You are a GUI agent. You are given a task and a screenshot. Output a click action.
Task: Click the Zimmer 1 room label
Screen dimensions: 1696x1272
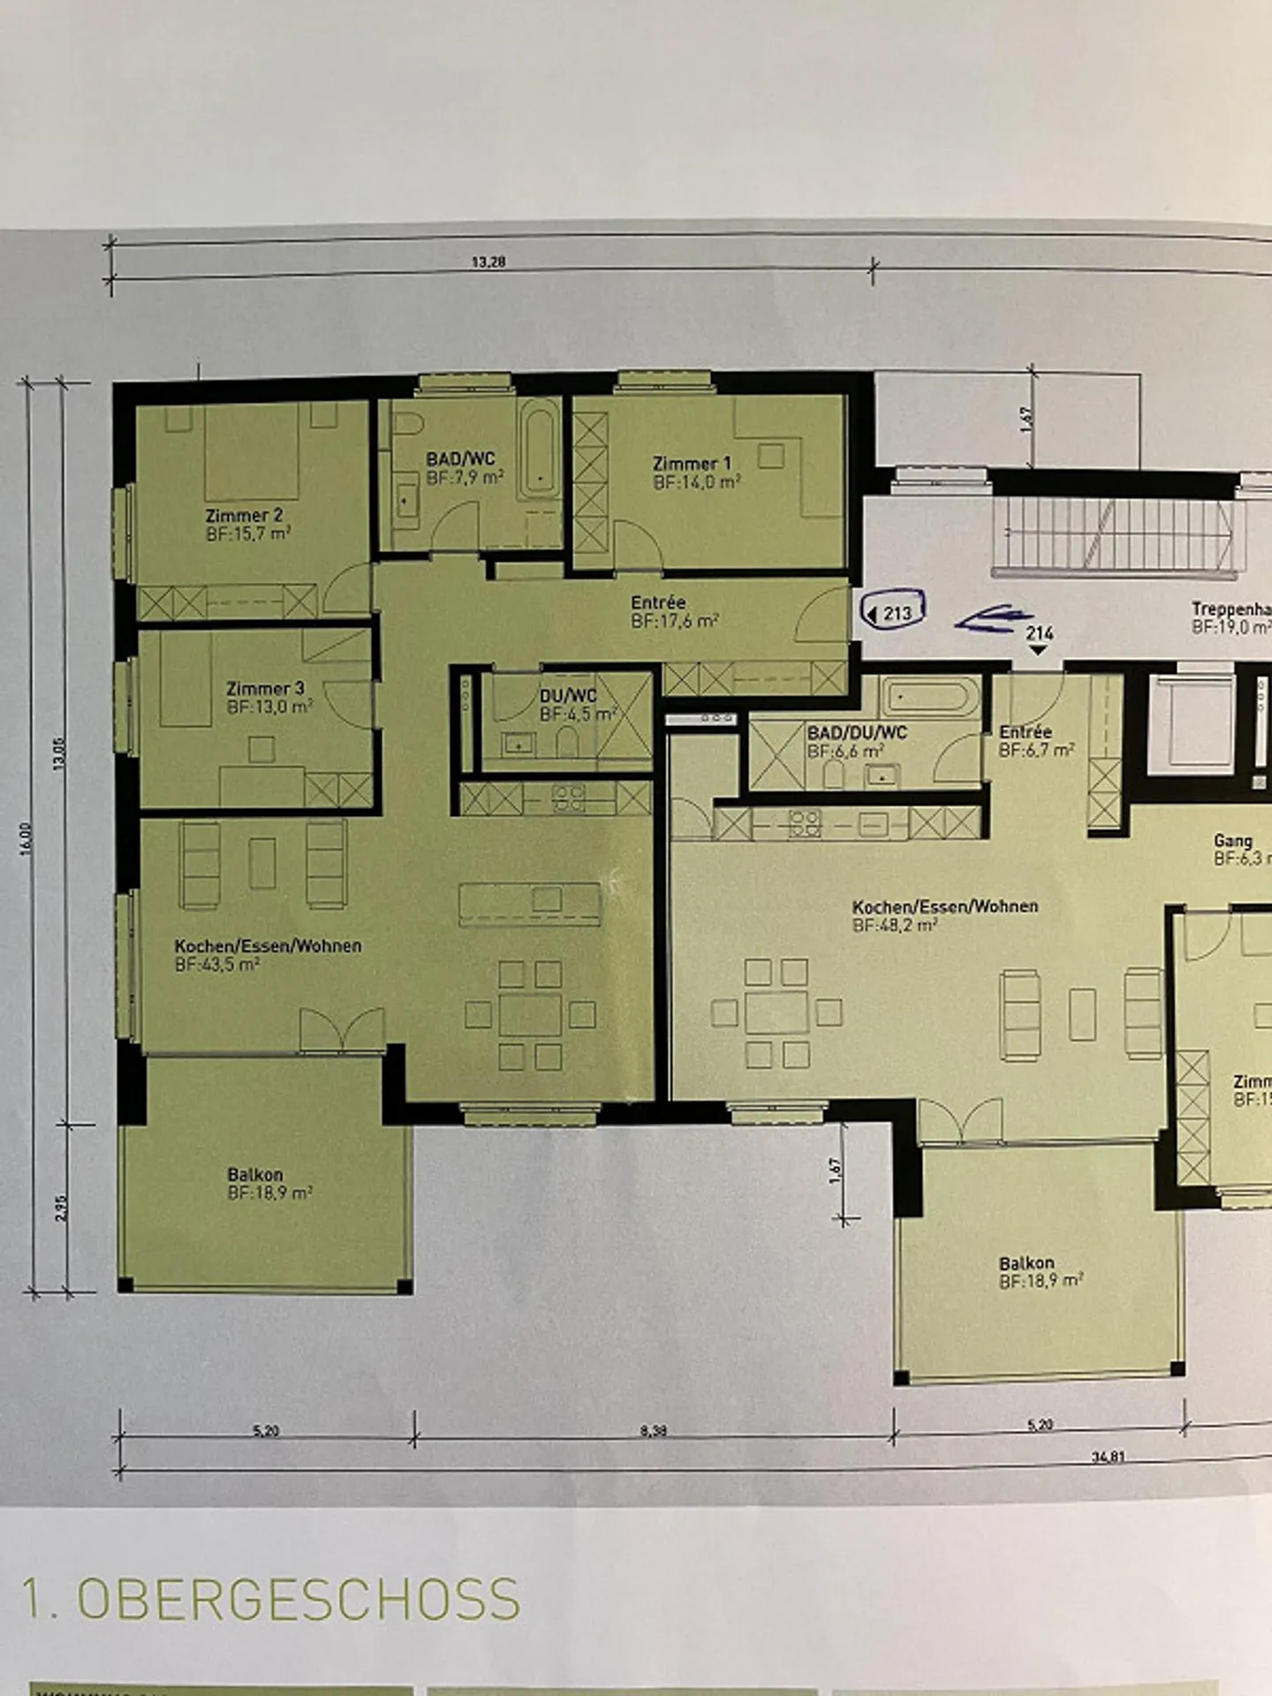(692, 463)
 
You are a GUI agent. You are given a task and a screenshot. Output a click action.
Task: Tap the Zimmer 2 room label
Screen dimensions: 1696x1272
(245, 515)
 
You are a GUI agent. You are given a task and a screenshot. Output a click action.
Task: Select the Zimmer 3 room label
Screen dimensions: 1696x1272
(265, 688)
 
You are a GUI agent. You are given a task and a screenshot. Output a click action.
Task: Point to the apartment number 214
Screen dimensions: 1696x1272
(1040, 633)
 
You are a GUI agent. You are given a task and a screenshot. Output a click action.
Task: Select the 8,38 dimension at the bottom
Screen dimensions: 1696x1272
(653, 1430)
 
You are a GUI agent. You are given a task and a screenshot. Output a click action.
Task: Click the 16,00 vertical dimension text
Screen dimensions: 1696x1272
(26, 837)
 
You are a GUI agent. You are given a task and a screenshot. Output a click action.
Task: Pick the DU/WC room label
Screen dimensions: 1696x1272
(568, 696)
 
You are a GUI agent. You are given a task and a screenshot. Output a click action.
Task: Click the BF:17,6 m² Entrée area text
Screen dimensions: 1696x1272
(675, 621)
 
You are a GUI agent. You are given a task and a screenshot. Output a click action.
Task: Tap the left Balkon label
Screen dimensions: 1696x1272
(255, 1174)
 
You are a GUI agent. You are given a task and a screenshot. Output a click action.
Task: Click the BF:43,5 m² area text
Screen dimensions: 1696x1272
(217, 965)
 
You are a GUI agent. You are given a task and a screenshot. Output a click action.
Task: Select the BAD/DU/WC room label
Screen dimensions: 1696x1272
(857, 732)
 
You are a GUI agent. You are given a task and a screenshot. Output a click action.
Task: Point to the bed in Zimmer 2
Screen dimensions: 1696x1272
(252, 450)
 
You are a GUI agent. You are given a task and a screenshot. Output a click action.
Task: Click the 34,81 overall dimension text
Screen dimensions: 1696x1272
(1108, 1457)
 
